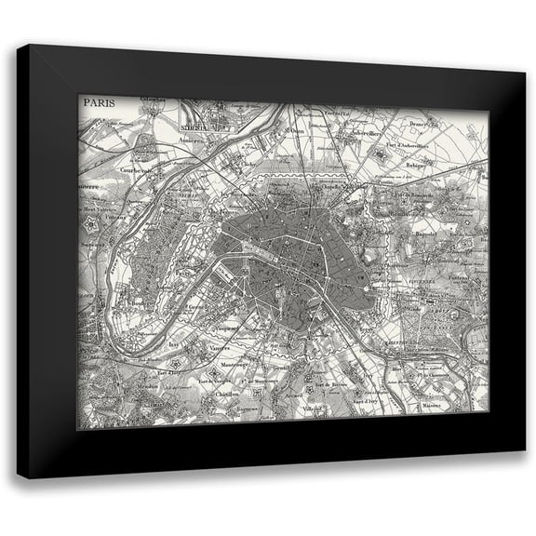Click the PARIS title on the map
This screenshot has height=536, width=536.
tap(98, 102)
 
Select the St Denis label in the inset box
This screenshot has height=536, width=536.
tap(194, 119)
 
